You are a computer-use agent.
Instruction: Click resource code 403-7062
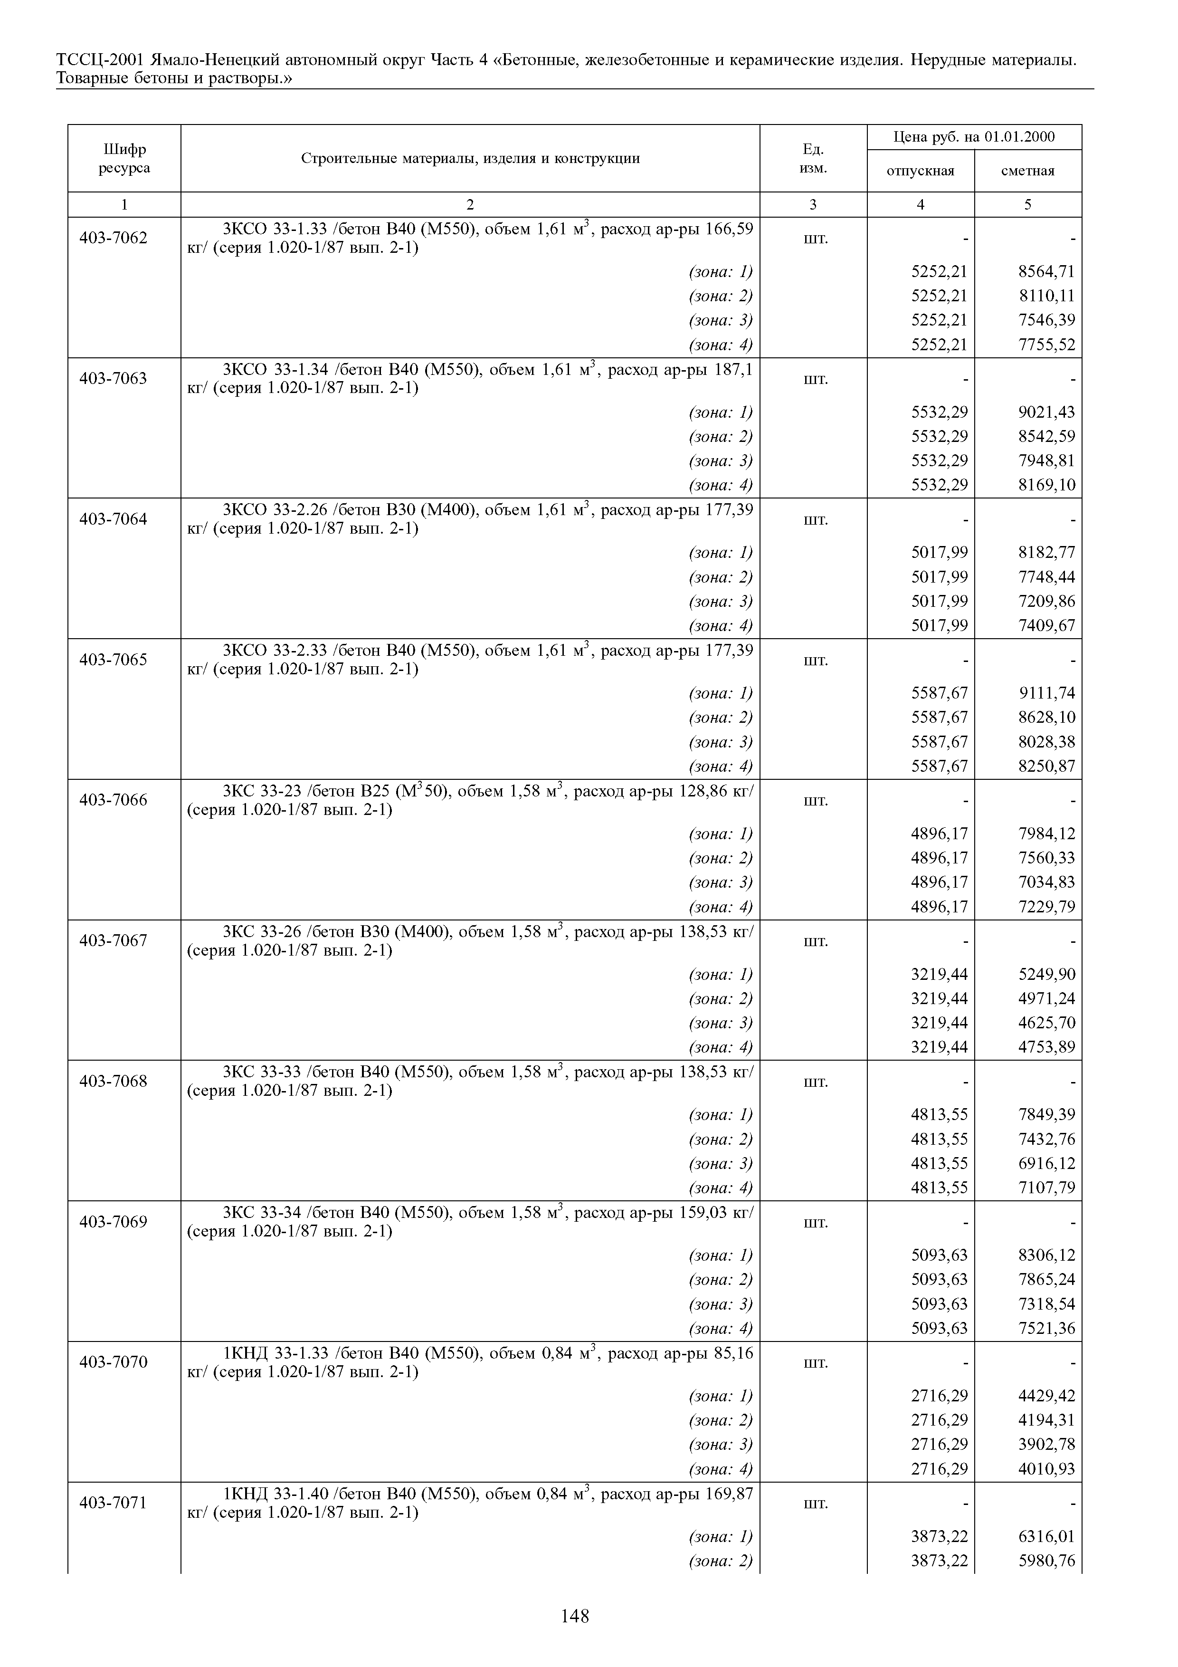[113, 238]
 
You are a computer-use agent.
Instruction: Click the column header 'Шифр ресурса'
[124, 158]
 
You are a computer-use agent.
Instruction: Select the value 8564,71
[1046, 271]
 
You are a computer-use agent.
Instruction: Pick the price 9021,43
[1046, 412]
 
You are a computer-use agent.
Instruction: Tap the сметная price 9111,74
[1046, 693]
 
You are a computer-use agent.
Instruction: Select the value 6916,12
[1046, 1163]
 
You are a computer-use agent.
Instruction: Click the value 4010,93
[1046, 1469]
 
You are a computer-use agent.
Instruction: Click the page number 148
[575, 1616]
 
